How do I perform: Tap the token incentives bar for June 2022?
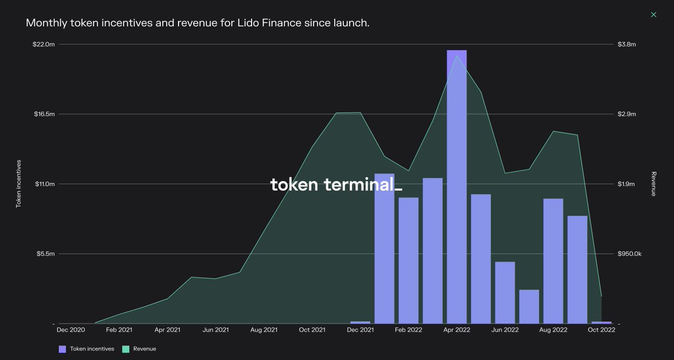point(505,293)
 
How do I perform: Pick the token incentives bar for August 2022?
point(553,261)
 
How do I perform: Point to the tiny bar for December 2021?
point(360,322)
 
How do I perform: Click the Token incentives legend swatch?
point(62,349)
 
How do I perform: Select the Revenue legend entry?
point(144,349)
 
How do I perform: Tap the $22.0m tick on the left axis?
point(44,44)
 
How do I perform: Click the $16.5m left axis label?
point(44,114)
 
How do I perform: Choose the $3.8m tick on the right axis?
point(626,44)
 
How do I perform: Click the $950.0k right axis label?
point(629,254)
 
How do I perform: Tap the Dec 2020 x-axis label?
point(71,330)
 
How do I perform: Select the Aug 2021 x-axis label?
point(263,330)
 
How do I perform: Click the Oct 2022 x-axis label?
point(601,330)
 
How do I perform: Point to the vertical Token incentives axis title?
point(18,184)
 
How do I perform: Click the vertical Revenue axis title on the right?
point(654,184)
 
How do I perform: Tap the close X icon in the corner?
point(653,15)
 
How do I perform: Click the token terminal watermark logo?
point(336,184)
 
